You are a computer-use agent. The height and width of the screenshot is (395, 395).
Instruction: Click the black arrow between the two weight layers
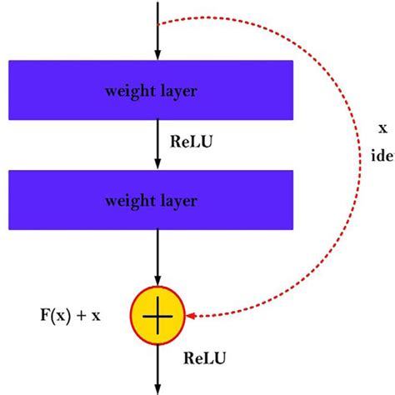(157, 146)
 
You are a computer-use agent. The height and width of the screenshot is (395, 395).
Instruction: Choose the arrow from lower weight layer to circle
(157, 258)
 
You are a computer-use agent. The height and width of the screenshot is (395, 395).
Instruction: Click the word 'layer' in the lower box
(177, 200)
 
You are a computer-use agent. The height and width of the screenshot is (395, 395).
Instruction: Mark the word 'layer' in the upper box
(177, 89)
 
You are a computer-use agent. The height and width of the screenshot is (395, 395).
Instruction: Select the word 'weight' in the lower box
(130, 201)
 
